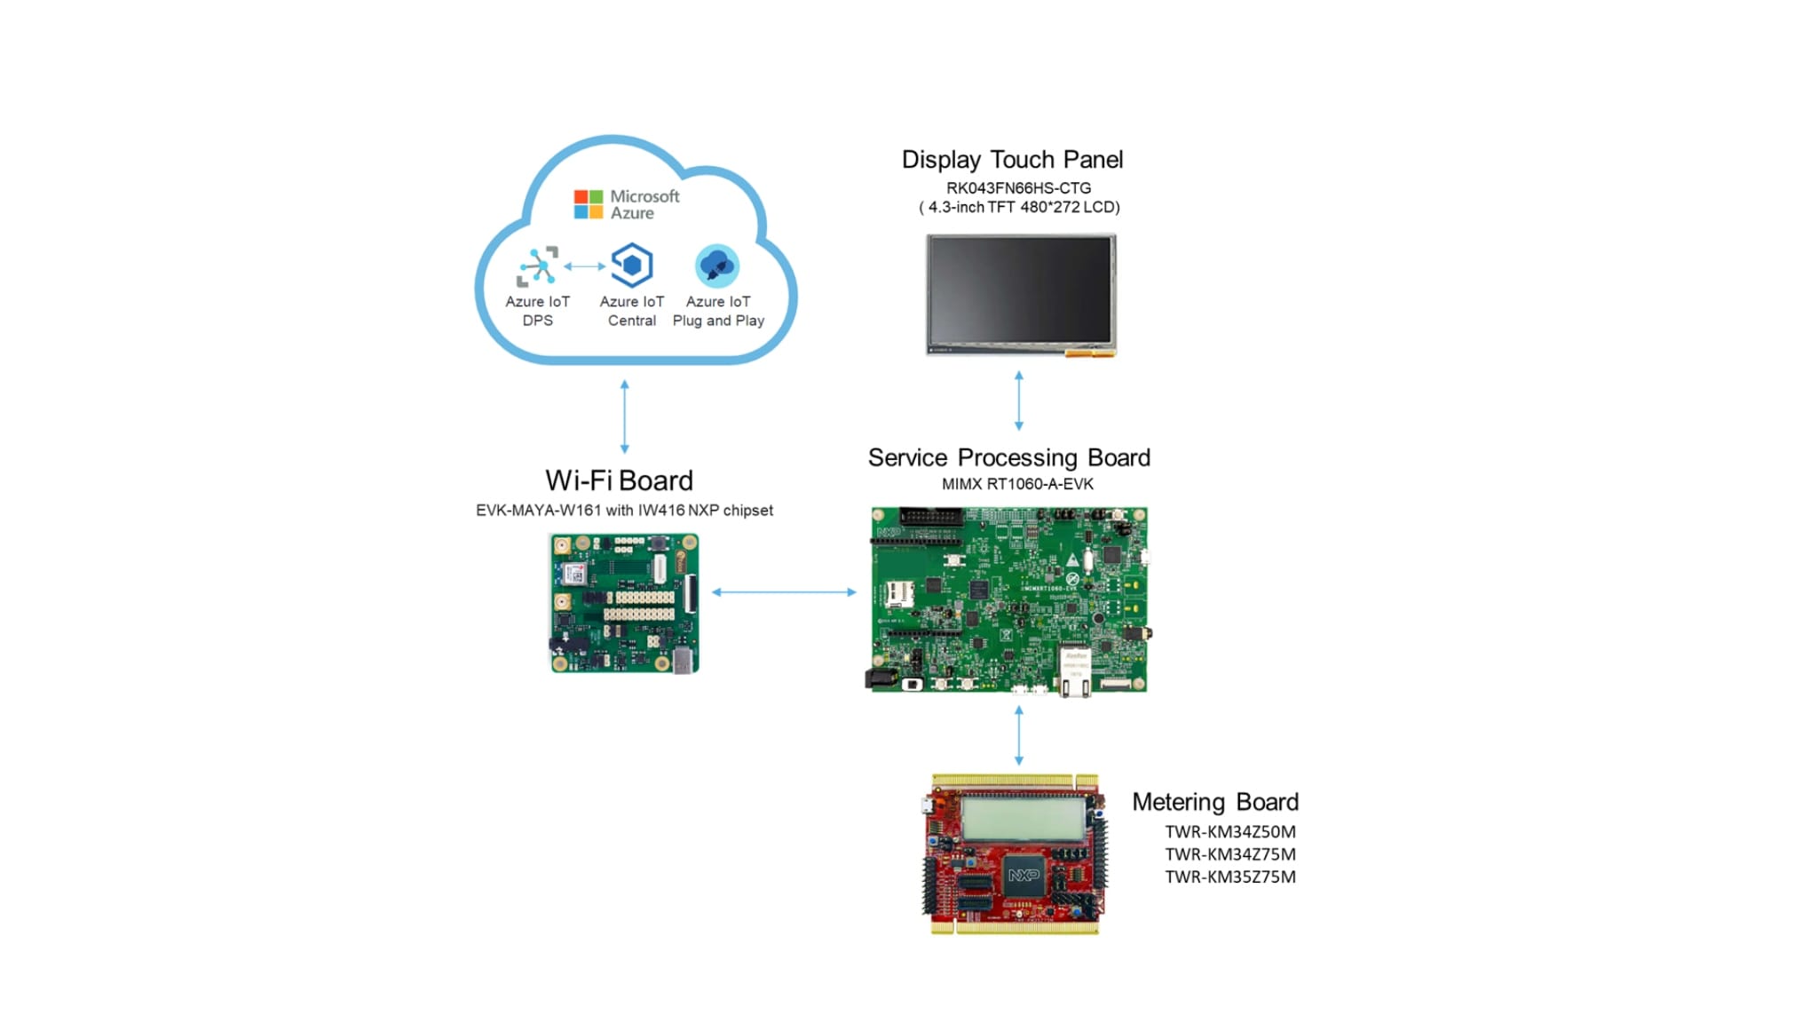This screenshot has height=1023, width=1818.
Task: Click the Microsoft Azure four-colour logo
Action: (x=588, y=204)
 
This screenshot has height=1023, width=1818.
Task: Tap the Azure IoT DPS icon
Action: (x=538, y=266)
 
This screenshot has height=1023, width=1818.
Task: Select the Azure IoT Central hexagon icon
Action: (x=632, y=266)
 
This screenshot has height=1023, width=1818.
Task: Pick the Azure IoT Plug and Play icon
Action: (x=717, y=266)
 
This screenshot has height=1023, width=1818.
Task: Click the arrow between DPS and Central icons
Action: (x=584, y=266)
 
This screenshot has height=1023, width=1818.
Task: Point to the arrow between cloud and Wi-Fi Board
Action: (x=625, y=416)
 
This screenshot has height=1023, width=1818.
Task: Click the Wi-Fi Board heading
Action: (x=619, y=480)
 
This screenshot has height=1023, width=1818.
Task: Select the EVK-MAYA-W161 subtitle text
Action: (x=624, y=511)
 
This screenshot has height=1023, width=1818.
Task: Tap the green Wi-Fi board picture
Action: (x=624, y=603)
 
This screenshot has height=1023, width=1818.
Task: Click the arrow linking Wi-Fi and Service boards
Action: (x=784, y=591)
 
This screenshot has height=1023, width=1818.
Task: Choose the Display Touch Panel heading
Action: (x=1012, y=160)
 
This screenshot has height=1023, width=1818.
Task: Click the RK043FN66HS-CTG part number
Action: (x=1018, y=188)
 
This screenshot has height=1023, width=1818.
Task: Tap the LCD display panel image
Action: (x=1021, y=294)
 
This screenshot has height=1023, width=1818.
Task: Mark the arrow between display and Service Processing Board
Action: (x=1019, y=401)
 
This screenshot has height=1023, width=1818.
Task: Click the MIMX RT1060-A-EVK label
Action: (x=1017, y=484)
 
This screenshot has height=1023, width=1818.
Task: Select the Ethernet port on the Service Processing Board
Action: (x=1075, y=672)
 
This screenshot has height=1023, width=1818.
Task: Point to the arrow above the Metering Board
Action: (x=1019, y=735)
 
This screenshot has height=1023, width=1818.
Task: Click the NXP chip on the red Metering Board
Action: (x=1024, y=876)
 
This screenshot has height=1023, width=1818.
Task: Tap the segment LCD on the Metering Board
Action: (x=1023, y=818)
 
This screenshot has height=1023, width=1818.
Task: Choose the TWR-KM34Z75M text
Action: (x=1229, y=854)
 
